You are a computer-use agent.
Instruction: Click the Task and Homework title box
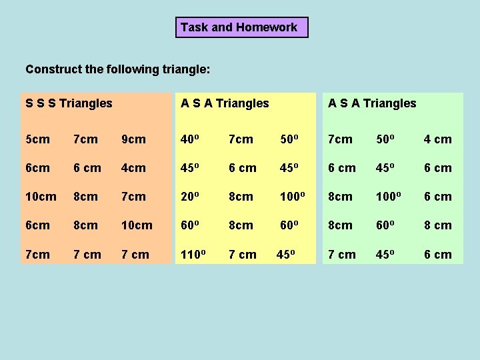tap(242, 27)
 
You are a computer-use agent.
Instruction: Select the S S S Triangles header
tap(69, 103)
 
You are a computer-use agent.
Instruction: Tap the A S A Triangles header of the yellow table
tap(225, 103)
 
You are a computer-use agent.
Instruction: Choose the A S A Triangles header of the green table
tap(372, 103)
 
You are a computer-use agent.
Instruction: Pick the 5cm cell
tap(37, 139)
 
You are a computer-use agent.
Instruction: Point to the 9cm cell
tap(133, 139)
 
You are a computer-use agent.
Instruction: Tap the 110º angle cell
tap(193, 254)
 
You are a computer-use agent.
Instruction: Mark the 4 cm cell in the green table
tap(438, 139)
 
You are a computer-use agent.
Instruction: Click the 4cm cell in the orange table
tap(133, 168)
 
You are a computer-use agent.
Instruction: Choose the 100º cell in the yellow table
tap(293, 197)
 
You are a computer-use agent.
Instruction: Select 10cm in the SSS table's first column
tap(41, 197)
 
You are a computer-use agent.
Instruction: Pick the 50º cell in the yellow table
tap(289, 139)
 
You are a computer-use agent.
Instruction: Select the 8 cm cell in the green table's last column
tap(438, 225)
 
